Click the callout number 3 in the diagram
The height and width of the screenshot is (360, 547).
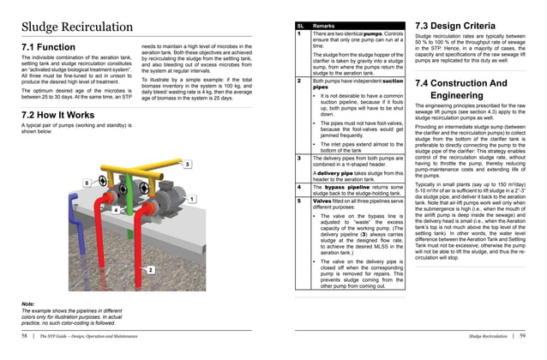188,164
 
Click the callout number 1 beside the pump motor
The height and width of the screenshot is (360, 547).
193,199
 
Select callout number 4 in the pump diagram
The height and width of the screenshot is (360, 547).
116,209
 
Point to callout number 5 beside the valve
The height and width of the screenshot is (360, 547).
87,183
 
